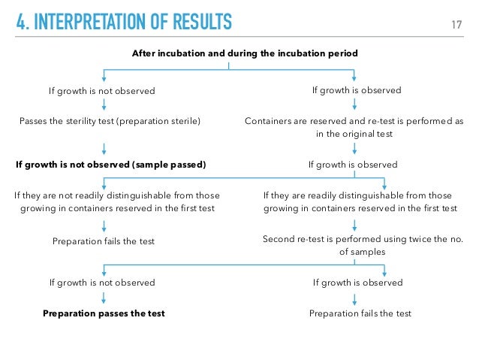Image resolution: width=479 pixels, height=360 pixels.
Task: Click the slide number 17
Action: [456, 25]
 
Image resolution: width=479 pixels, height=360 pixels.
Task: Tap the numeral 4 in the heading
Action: [20, 22]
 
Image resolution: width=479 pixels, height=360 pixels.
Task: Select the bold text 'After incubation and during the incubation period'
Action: [245, 53]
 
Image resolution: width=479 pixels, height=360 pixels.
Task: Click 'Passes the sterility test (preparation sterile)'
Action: [110, 121]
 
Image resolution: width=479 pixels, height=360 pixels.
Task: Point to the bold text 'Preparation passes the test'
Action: [104, 313]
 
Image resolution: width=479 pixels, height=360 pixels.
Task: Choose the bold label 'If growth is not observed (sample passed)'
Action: [111, 165]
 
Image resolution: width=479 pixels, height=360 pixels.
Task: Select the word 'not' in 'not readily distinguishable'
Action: [65, 195]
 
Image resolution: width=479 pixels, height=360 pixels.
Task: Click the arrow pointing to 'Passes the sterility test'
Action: [104, 104]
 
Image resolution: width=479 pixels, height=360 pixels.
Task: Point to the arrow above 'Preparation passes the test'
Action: [104, 298]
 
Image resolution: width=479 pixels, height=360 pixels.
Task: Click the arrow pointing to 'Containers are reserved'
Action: [354, 104]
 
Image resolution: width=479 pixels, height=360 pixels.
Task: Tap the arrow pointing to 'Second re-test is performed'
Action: [354, 225]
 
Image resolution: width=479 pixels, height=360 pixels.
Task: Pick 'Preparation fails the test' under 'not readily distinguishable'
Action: [104, 241]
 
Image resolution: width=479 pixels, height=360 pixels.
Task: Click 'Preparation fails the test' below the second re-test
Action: [360, 313]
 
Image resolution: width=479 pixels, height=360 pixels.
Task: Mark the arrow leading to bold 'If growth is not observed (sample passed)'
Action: [104, 149]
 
